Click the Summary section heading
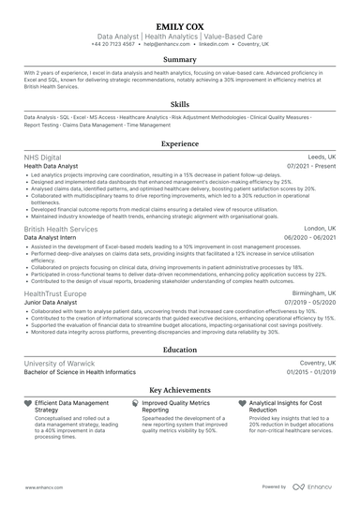[x=180, y=59]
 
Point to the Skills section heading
[x=180, y=104]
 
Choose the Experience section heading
[x=180, y=144]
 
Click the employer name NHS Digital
[x=43, y=157]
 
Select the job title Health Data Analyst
[x=53, y=167]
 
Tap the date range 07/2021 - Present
[x=312, y=167]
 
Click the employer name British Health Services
[x=60, y=229]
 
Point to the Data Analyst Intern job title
[x=52, y=238]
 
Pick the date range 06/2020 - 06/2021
[x=310, y=238]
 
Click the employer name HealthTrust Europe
[x=55, y=293]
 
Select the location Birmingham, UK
[x=313, y=293]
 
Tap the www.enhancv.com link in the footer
[x=42, y=487]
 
